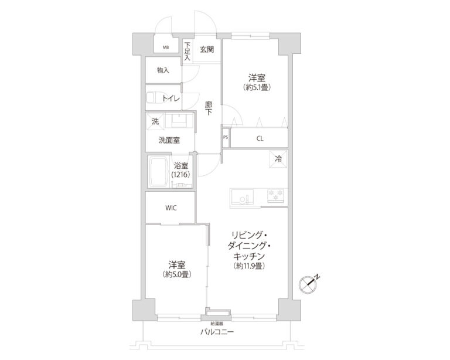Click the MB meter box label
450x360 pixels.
tap(166, 47)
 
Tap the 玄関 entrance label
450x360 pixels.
tap(206, 49)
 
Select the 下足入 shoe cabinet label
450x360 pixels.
tap(187, 52)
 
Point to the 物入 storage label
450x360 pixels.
tap(163, 70)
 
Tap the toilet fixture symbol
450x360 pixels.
tap(154, 98)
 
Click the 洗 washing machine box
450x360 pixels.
tap(155, 122)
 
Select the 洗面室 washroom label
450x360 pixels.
tap(169, 140)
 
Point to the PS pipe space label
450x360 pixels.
tap(226, 138)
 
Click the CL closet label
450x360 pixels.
tap(259, 139)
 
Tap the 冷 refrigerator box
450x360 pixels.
tap(278, 158)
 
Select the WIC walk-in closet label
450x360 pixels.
tap(171, 208)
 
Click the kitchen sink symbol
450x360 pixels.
tap(241, 196)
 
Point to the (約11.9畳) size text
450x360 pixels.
tap(250, 267)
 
